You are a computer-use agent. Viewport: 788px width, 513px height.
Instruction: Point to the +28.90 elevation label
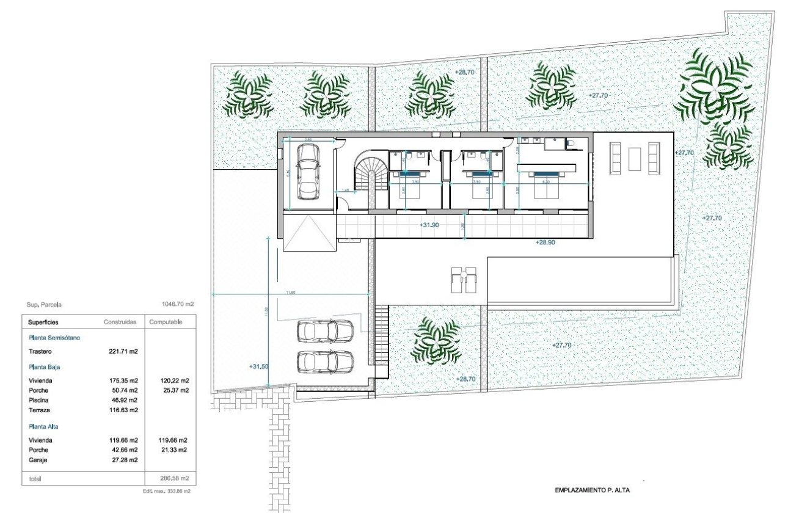545,242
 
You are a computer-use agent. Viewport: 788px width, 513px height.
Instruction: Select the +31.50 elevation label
259,366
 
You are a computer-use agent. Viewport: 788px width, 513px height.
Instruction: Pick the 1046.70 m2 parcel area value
177,304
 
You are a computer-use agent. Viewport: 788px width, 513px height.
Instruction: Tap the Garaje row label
37,459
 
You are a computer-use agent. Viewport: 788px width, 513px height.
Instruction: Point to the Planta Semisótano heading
54,337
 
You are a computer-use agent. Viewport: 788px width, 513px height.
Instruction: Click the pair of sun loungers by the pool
464,280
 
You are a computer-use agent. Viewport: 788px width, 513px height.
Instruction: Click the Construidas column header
120,322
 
